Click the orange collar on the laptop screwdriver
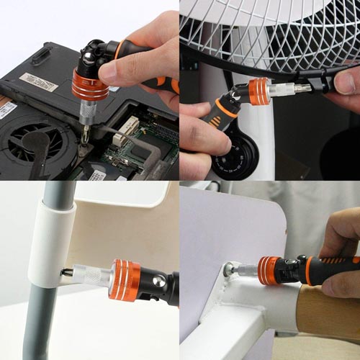point(89,84)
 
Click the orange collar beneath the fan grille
point(258,91)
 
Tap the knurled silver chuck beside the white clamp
point(93,277)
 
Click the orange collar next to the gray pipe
point(124,279)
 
